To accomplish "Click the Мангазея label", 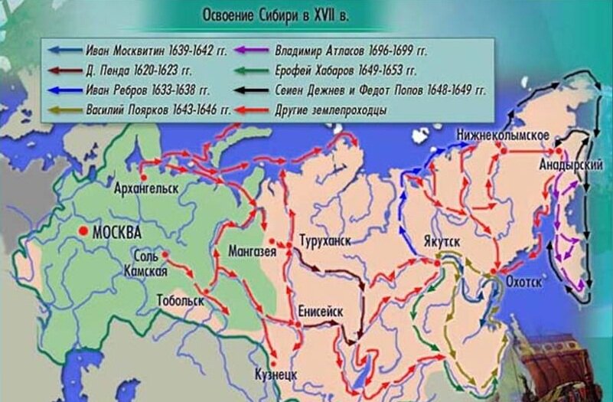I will [252, 251].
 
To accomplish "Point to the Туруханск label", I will [325, 240].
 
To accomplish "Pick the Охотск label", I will [524, 282].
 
